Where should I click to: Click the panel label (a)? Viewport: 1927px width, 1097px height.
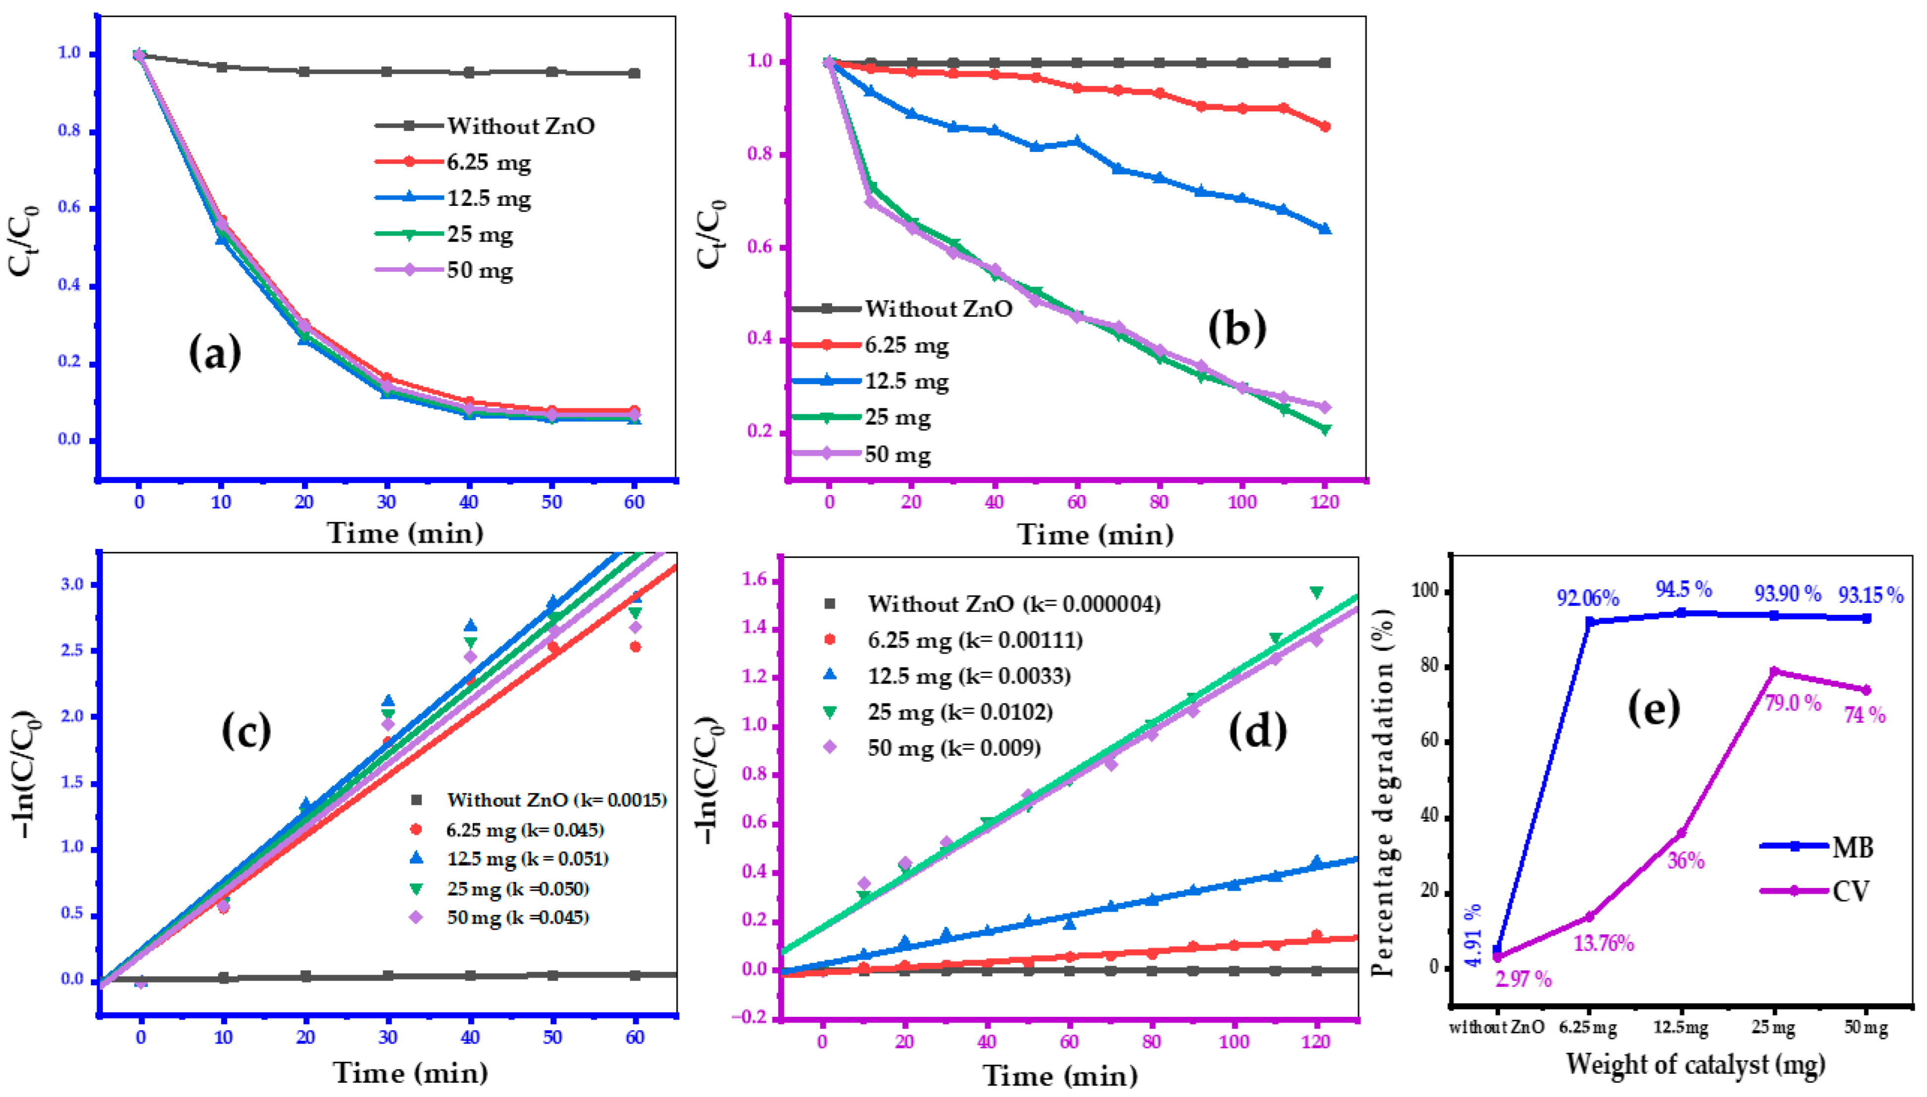coord(215,352)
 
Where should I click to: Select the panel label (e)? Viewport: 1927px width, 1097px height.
coord(1654,708)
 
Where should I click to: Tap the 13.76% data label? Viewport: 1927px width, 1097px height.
coord(1604,944)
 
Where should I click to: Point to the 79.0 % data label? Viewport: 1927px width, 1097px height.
coord(1793,703)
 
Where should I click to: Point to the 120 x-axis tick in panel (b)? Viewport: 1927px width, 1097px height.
coord(1325,502)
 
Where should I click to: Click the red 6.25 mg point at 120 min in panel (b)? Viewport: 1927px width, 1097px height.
coord(1325,127)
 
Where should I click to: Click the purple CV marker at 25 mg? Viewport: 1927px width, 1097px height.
coord(1774,671)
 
